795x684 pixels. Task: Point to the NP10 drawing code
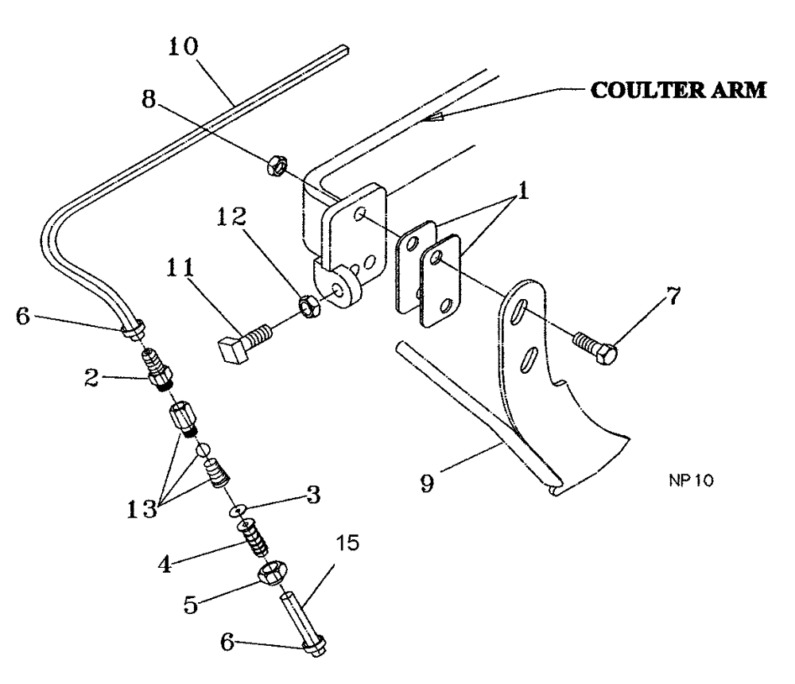click(691, 481)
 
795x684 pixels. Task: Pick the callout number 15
click(346, 544)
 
